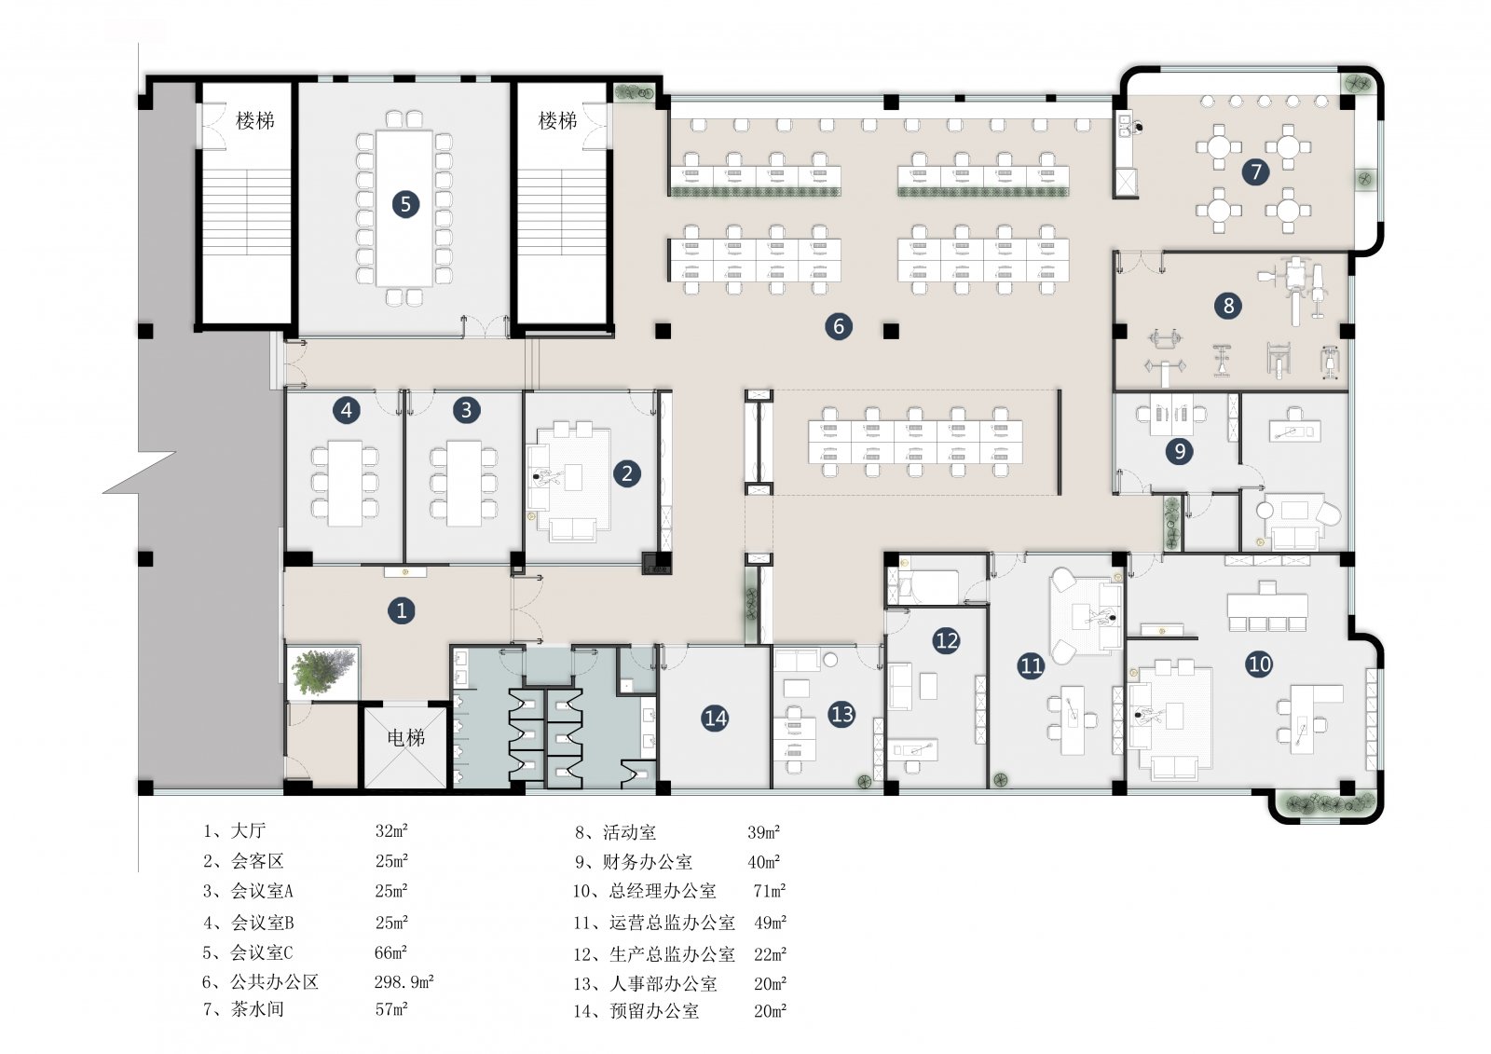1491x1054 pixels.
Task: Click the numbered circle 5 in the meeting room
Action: coord(405,204)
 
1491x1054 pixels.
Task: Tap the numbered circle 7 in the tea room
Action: coord(1255,171)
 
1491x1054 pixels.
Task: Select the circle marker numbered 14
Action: coord(715,718)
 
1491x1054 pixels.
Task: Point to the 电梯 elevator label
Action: coord(406,737)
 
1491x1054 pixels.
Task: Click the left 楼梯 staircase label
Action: coord(255,120)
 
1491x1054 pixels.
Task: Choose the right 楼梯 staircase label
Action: coord(557,120)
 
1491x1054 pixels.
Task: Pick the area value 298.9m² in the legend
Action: coord(404,980)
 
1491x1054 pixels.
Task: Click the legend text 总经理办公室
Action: coord(663,891)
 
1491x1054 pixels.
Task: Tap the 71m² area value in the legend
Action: coord(770,890)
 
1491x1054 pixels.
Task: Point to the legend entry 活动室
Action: coord(629,832)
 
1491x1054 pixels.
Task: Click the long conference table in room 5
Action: coord(404,208)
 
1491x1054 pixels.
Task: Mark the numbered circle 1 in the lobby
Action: coord(402,609)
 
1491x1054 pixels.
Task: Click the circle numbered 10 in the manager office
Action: coord(1259,664)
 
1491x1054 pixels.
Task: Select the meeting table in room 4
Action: coord(345,483)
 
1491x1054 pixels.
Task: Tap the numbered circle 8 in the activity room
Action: coord(1228,306)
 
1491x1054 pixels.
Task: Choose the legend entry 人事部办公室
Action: coord(663,983)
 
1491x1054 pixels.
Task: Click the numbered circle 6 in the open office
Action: coord(838,326)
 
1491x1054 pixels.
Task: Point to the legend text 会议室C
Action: coord(262,952)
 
